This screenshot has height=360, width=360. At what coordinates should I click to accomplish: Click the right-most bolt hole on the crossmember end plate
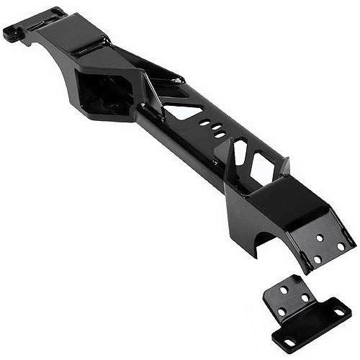341,246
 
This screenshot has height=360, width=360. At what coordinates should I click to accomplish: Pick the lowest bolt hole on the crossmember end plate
317,258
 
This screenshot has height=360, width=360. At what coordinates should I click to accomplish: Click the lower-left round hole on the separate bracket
282,311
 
